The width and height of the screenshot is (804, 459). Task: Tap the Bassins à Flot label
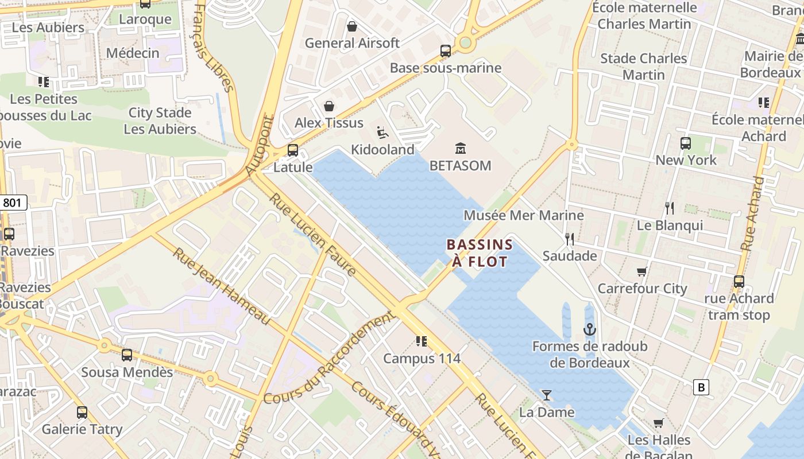click(x=480, y=253)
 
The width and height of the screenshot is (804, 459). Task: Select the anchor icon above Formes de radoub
click(x=589, y=329)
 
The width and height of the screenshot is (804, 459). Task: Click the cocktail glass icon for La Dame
click(x=546, y=395)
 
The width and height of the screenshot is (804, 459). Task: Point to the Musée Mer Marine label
click(x=523, y=216)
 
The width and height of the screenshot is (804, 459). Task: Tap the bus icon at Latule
click(x=293, y=150)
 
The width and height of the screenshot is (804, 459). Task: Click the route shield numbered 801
click(x=14, y=203)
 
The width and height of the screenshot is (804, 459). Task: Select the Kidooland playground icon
click(x=382, y=133)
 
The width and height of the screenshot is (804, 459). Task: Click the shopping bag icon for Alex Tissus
click(x=329, y=106)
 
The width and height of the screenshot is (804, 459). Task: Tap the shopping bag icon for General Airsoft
click(x=352, y=26)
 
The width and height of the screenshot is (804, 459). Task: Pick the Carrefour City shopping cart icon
click(x=641, y=271)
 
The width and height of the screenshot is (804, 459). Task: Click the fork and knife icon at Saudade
click(x=569, y=239)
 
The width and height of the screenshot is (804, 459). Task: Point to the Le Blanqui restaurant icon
click(x=669, y=208)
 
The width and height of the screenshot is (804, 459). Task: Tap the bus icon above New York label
click(x=685, y=143)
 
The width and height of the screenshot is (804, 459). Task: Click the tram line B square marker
click(x=700, y=387)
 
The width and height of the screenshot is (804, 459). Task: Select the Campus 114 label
click(x=422, y=359)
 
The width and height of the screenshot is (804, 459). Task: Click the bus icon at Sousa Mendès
click(x=127, y=355)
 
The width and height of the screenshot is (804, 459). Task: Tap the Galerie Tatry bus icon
click(x=82, y=412)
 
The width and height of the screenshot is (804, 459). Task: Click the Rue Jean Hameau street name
click(x=221, y=286)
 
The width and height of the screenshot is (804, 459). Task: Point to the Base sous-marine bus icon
click(x=446, y=50)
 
